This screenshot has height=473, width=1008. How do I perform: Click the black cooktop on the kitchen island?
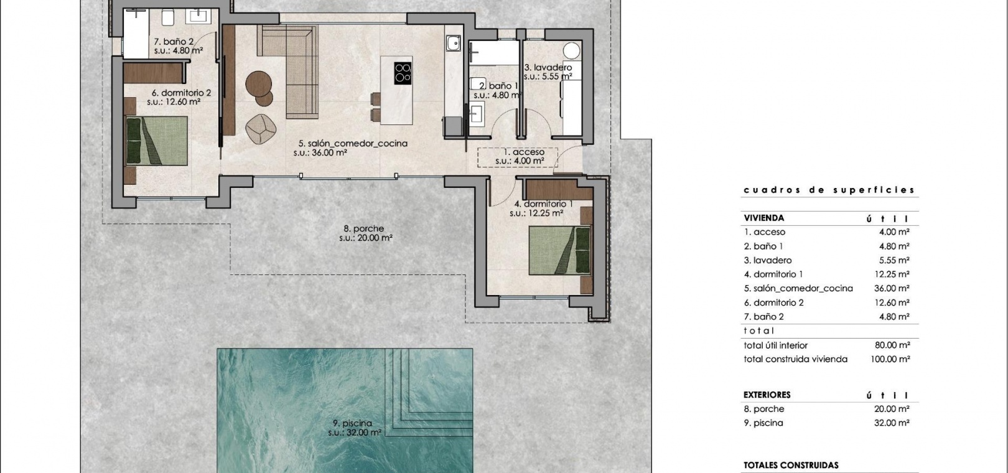tap(403, 73)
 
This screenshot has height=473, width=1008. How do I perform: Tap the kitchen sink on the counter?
tap(453, 44)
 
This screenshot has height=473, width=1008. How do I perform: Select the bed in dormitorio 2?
tap(157, 141)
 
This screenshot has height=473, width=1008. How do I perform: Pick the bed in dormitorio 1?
tap(559, 251)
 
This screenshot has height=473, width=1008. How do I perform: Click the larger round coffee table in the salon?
tap(258, 84)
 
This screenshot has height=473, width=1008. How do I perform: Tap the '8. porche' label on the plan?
tap(363, 228)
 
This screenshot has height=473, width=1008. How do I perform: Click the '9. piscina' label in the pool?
tap(352, 423)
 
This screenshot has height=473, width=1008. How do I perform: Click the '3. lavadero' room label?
tap(548, 67)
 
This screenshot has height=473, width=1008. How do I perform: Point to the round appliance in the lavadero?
tap(571, 51)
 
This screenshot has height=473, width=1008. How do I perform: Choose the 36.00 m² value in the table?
tap(892, 288)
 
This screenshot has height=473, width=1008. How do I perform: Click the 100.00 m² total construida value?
tap(890, 359)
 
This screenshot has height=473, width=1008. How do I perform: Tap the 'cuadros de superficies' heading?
tap(829, 190)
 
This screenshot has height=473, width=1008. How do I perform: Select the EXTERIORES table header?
tap(767, 395)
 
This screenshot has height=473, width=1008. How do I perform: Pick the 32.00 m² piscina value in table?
tap(892, 423)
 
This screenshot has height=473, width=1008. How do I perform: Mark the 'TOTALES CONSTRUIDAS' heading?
tap(791, 466)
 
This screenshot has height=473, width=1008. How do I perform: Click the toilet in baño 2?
tap(167, 18)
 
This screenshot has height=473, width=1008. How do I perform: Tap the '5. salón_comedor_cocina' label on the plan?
tap(353, 143)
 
